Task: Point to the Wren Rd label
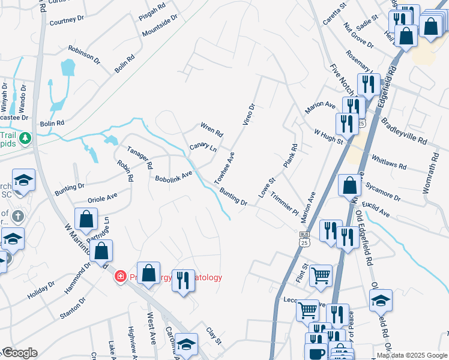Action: click(211, 130)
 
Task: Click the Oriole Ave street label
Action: click(103, 197)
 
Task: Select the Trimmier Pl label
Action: click(284, 203)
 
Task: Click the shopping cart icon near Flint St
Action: click(321, 276)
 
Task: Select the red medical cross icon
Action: click(120, 277)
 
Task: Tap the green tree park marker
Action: click(25, 139)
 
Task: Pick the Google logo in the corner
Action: click(19, 353)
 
